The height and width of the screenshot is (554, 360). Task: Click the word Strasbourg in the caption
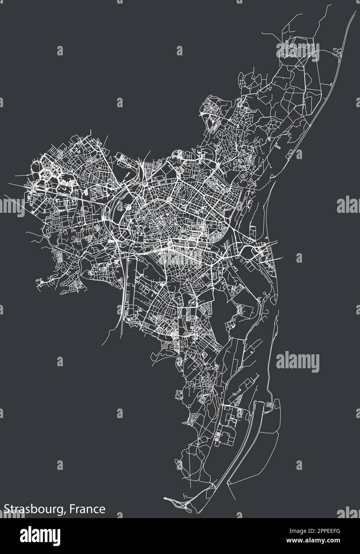tap(33, 509)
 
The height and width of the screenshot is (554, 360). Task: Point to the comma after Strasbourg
tap(65, 512)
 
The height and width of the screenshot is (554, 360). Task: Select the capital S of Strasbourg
tap(7, 509)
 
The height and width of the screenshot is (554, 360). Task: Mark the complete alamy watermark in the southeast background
tap(297, 361)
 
